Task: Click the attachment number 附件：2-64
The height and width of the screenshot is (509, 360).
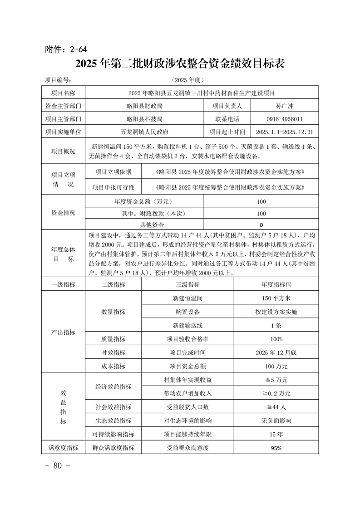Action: [x=66, y=49]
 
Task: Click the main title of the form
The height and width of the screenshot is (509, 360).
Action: [x=180, y=64]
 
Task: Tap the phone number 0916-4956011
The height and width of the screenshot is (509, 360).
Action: [x=285, y=119]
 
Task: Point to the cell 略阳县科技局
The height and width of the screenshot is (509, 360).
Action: [x=144, y=119]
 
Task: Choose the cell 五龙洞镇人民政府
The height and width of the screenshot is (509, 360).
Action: [x=144, y=132]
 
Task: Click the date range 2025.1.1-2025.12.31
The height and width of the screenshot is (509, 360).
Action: [x=285, y=132]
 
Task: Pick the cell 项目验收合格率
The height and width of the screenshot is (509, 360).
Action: [x=187, y=339]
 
